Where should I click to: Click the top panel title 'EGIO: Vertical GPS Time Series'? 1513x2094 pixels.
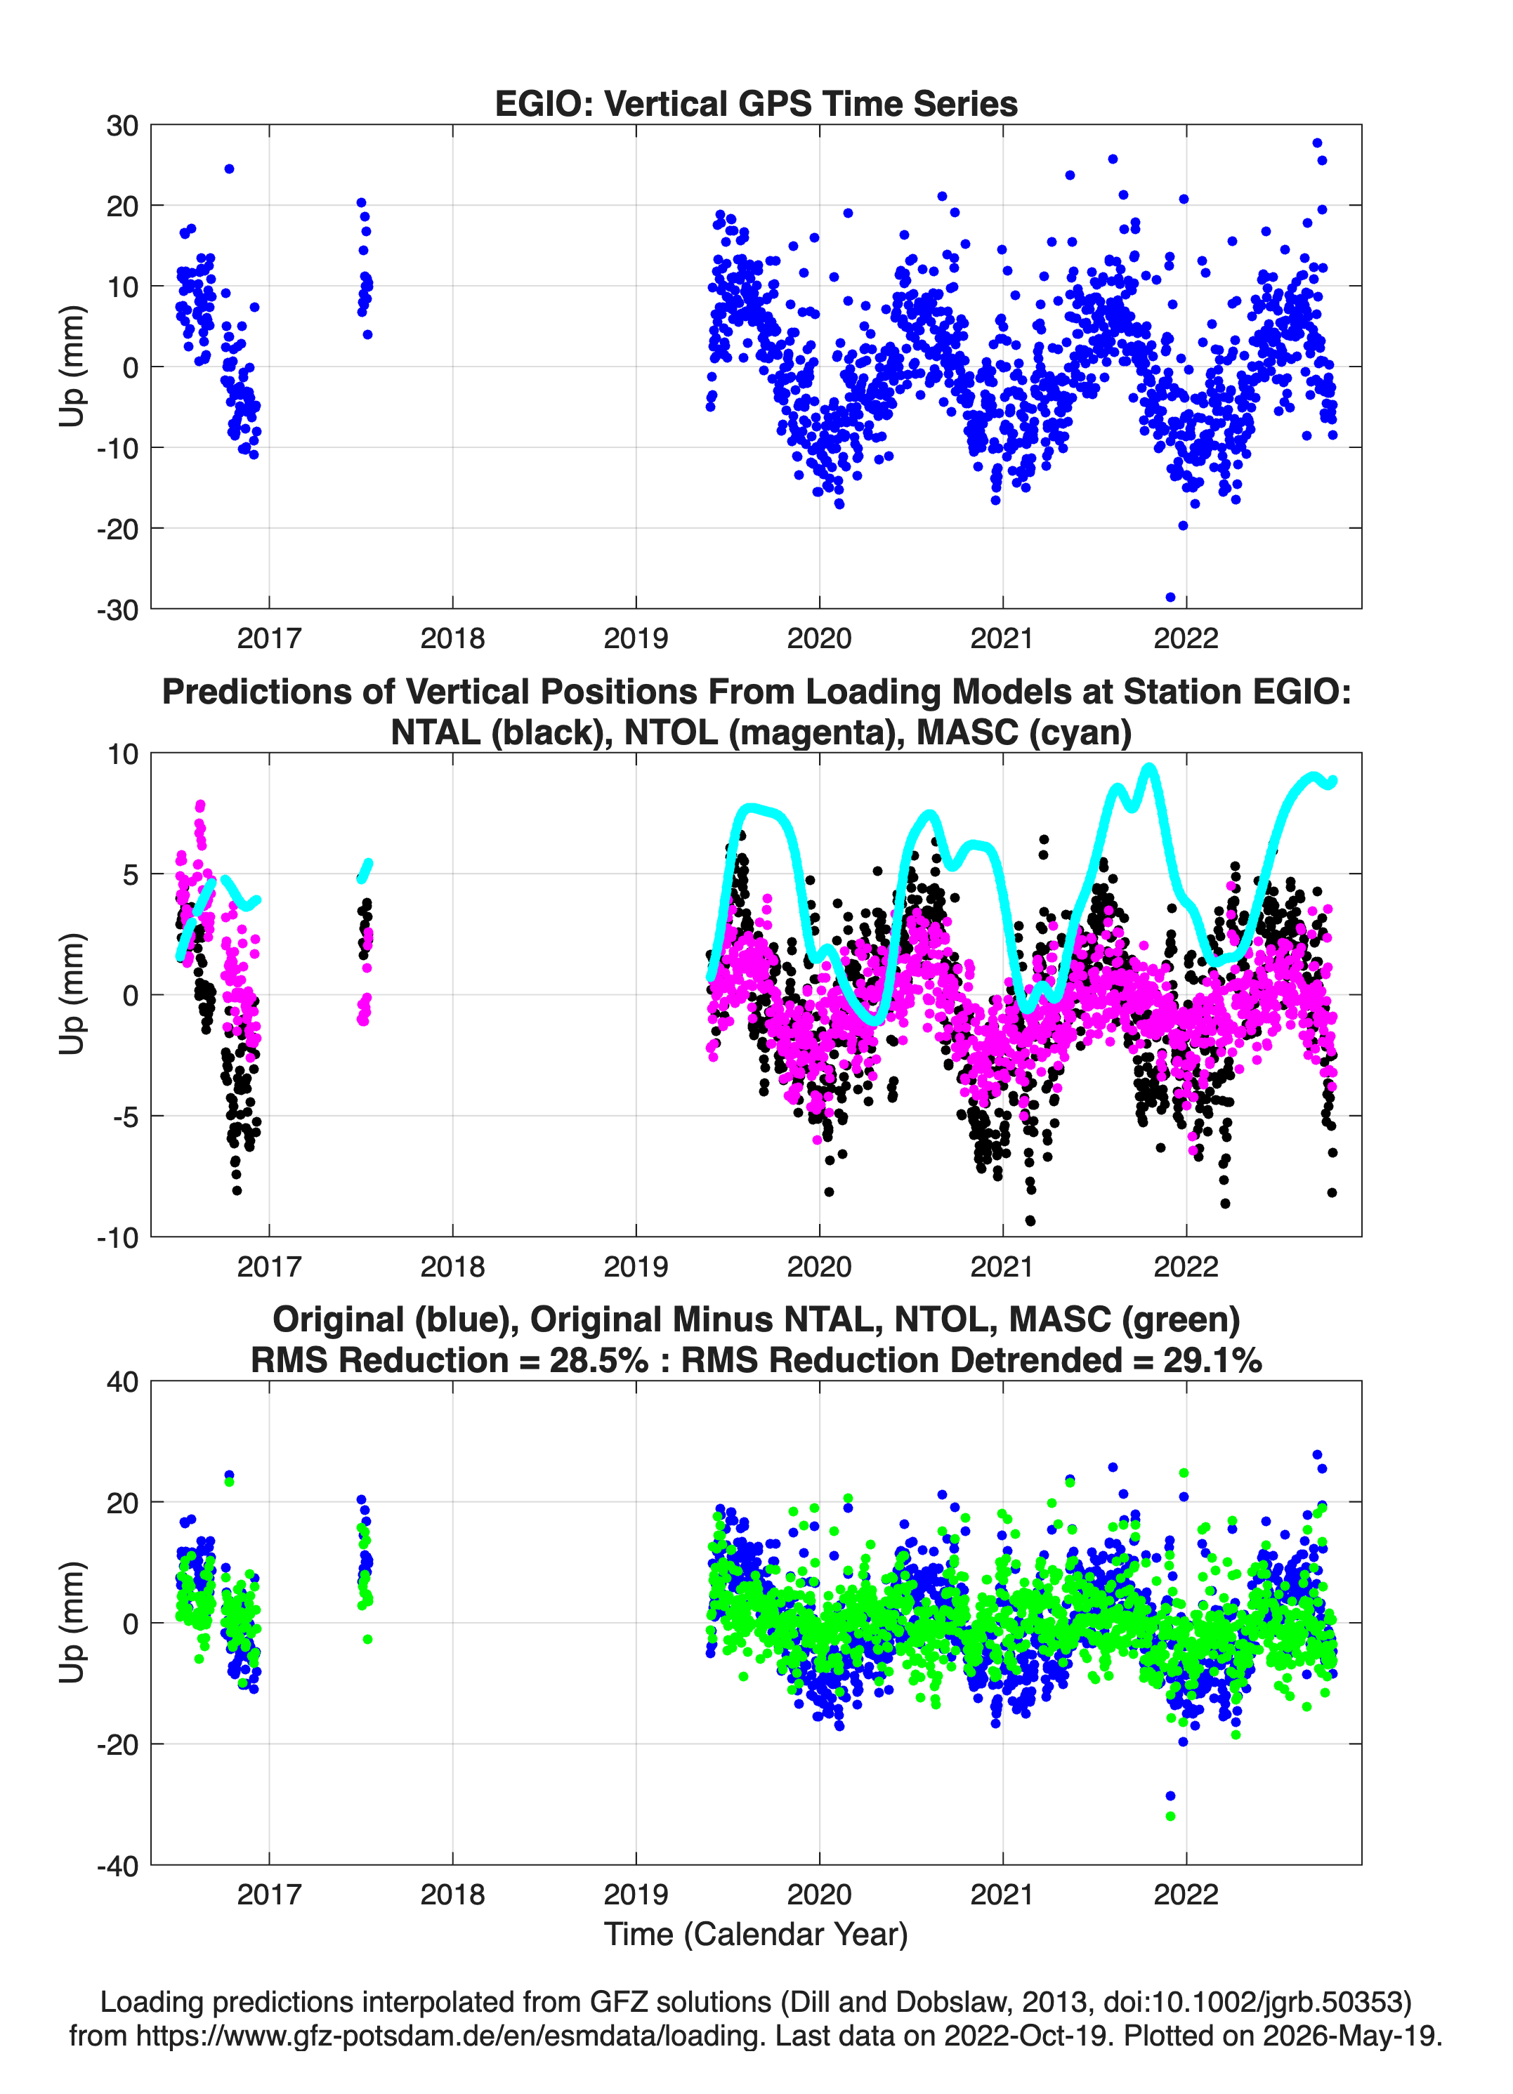tap(756, 103)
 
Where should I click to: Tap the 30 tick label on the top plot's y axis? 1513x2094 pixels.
tap(122, 126)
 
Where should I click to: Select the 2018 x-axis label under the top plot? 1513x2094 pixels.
tap(452, 638)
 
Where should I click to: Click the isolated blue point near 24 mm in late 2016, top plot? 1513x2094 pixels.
tap(229, 169)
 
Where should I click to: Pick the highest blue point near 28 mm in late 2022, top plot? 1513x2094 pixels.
tap(1317, 143)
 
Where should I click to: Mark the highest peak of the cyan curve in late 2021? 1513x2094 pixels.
tap(1149, 766)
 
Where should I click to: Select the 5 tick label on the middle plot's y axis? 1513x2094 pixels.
tap(130, 874)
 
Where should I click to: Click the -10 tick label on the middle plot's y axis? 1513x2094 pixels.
tap(118, 1238)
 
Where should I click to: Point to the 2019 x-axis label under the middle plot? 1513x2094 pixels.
tap(636, 1267)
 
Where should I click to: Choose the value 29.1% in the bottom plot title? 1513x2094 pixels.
tap(1213, 1360)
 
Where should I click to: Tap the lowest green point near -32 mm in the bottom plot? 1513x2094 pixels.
tap(1170, 1816)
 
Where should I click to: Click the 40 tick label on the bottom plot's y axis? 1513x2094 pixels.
tap(122, 1382)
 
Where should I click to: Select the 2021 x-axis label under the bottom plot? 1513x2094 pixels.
tap(1003, 1895)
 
